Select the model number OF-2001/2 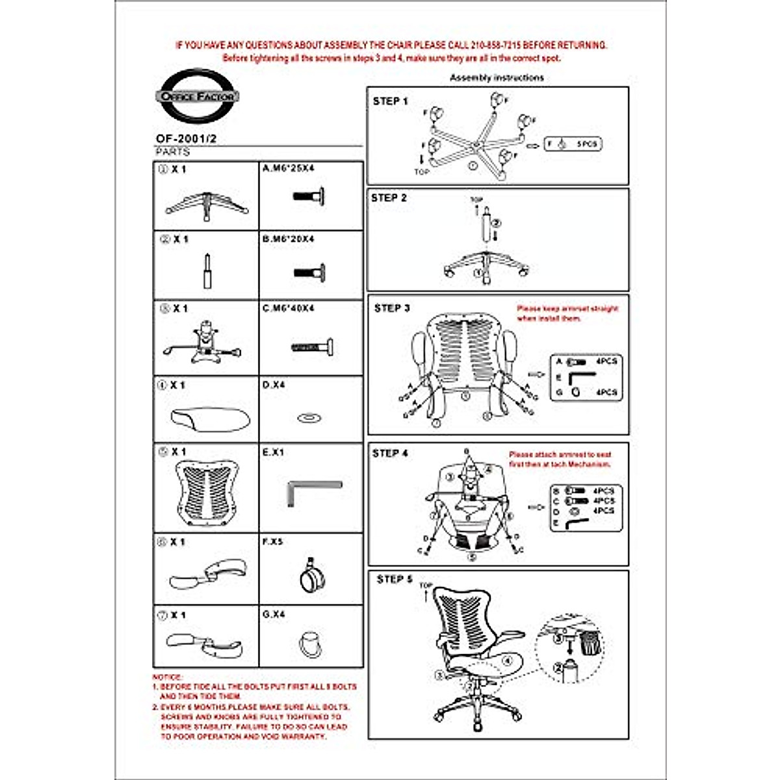point(186,138)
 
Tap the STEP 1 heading point(390,101)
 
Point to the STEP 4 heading point(390,453)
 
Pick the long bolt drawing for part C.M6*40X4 point(313,348)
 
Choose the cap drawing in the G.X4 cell point(310,643)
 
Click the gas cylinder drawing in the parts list point(207,270)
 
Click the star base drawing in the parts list point(207,204)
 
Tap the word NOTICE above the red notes point(168,677)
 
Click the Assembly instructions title point(497,77)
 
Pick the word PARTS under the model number point(172,151)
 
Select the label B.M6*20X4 point(288,239)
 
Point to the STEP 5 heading point(395,579)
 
